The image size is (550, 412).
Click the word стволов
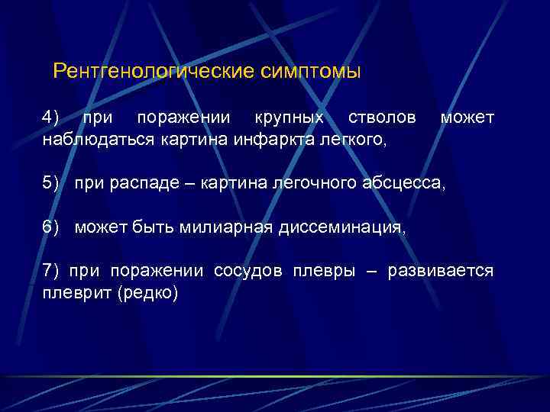(x=382, y=118)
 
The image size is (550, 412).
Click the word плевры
(x=322, y=271)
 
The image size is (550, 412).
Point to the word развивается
(x=441, y=271)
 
